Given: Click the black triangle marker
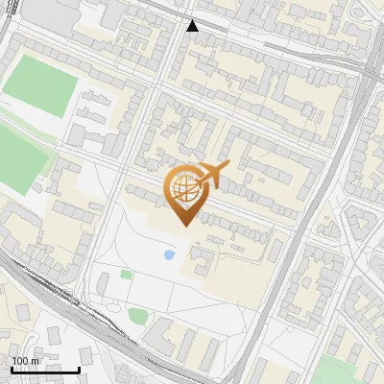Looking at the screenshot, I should point(193,26).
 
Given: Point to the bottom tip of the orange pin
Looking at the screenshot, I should point(182,225).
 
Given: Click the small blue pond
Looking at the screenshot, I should point(170,255).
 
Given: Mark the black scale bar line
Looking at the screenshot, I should point(45,370).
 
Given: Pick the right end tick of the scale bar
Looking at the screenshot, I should point(79,368).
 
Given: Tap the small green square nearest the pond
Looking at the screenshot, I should point(126,275).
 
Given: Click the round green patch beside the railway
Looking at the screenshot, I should point(138,315).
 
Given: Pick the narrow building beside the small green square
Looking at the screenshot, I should point(104,284).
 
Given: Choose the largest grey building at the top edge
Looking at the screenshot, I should point(58,12).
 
